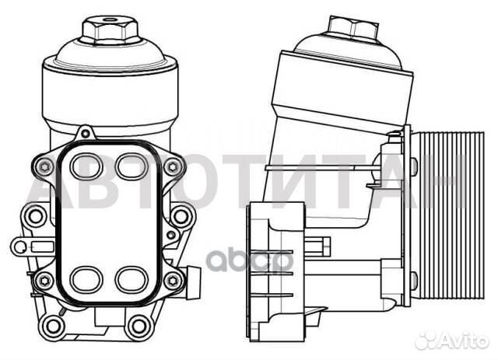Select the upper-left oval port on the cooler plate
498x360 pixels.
pyautogui.click(x=86, y=166)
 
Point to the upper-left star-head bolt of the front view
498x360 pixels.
pyautogui.click(x=41, y=166)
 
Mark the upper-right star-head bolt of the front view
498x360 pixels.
pyautogui.click(x=175, y=166)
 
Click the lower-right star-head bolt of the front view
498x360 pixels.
pyautogui.click(x=175, y=278)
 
